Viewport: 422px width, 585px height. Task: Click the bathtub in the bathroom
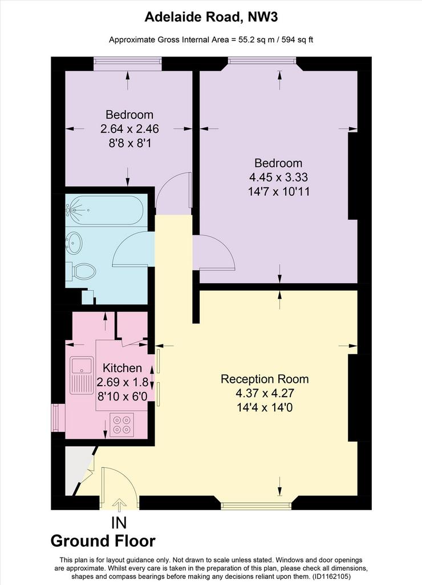point(104,210)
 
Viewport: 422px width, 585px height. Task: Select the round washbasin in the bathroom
point(74,243)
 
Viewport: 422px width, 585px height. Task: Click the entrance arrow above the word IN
point(119,505)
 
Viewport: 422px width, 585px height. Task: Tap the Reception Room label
point(265,379)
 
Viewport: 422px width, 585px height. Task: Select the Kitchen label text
point(122,368)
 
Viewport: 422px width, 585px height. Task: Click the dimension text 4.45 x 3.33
point(278,177)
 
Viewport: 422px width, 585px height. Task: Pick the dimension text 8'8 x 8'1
point(130,143)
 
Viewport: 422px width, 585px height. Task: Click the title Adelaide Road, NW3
point(211,17)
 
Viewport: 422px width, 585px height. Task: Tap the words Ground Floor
point(103,541)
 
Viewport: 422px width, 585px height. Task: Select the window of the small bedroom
point(127,63)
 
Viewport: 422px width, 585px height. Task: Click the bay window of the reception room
point(256,506)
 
